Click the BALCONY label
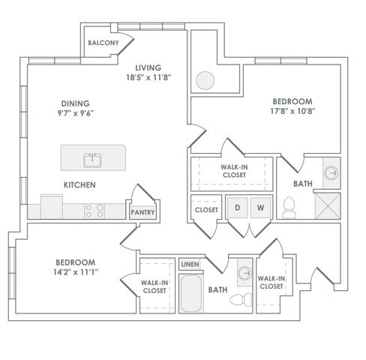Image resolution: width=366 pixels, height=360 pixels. point(103,43)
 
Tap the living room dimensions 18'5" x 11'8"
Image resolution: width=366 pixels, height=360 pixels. point(148,77)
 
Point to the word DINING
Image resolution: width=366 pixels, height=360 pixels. point(76,103)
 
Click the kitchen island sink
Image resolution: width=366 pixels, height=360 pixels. point(92,160)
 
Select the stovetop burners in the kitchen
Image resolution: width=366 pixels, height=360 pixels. point(94,211)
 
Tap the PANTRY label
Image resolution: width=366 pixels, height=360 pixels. point(142,212)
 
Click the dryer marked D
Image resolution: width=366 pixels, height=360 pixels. point(237,208)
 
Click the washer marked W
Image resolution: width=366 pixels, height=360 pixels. point(261,208)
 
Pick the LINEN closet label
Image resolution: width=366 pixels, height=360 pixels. point(190,264)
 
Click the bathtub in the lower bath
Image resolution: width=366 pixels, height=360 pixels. point(191,293)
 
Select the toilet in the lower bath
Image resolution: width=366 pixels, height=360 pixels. point(241,299)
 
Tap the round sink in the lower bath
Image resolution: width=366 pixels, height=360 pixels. point(244,273)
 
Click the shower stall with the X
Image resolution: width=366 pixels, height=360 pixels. point(328,206)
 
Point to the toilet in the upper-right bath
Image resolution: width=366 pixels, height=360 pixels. point(289,208)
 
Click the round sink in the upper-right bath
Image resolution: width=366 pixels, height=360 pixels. point(331,173)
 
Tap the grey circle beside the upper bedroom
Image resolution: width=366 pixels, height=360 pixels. point(205,80)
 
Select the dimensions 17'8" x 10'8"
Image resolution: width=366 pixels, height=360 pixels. point(292,111)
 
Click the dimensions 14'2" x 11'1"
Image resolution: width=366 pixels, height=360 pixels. point(76,272)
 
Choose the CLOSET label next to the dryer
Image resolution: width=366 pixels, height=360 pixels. point(206,210)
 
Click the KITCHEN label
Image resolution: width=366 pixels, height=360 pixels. point(79,185)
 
